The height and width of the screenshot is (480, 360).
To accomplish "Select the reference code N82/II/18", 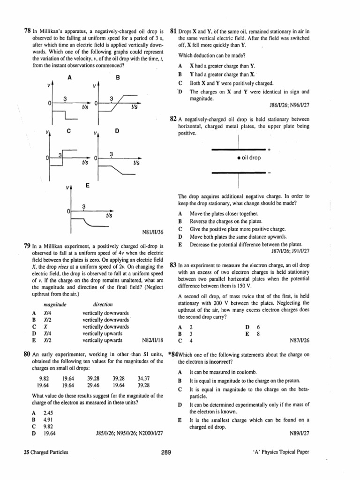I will pyautogui.click(x=152, y=341).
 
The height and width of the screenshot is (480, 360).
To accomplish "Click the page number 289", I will pyautogui.click(x=165, y=452).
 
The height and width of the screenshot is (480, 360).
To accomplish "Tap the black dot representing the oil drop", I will pyautogui.click(x=240, y=158).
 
